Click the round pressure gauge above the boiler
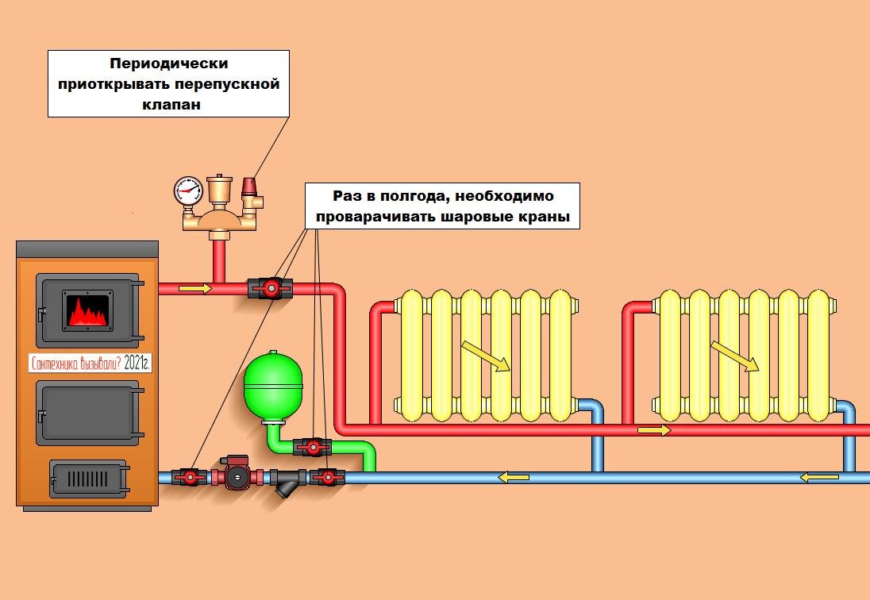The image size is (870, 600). [188, 190]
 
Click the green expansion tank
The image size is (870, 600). [270, 386]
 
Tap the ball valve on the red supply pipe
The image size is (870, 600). [271, 287]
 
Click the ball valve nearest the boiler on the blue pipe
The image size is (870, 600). [190, 477]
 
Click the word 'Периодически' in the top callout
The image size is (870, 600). [167, 63]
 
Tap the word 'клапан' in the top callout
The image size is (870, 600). [167, 103]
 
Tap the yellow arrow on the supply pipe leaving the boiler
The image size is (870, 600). [195, 288]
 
